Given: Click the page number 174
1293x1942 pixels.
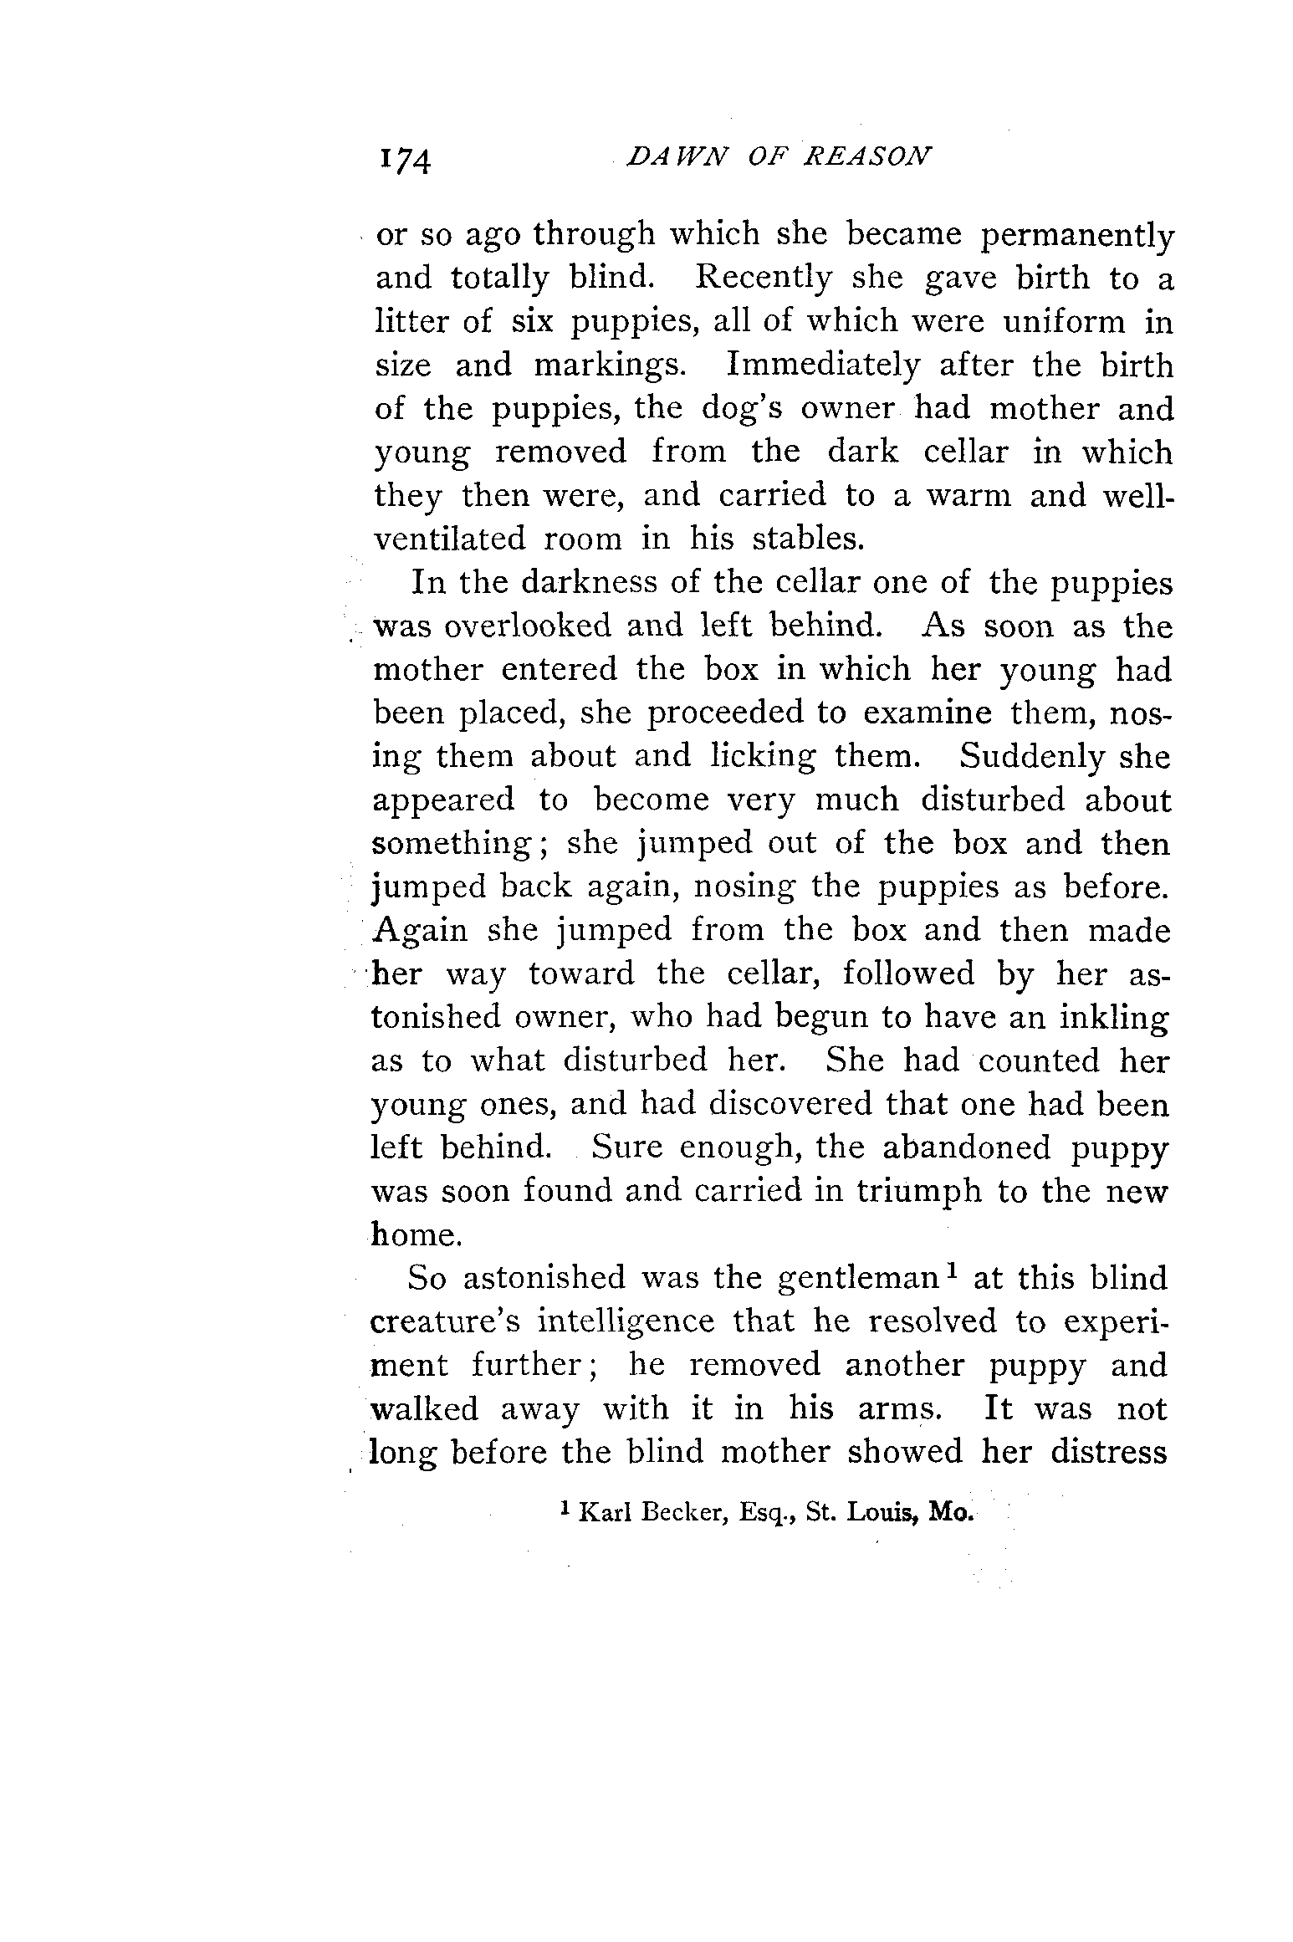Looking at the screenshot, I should point(406,159).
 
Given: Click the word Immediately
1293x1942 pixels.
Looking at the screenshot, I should point(824,366).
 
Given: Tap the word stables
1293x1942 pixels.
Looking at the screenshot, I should point(808,539).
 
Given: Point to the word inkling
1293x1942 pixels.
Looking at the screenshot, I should point(1102,1018).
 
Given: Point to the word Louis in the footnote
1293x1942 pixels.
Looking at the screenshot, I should point(882,1513).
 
